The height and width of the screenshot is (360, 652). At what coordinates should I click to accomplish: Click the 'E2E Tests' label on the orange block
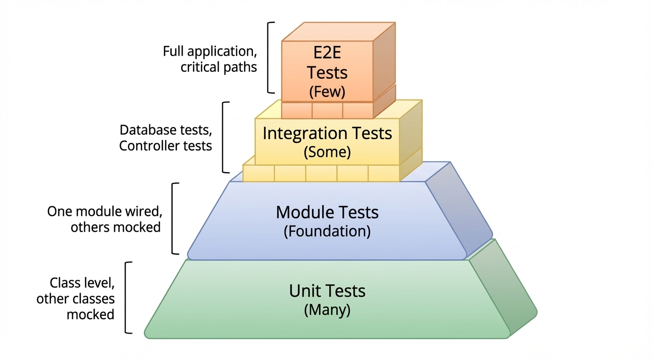[327, 64]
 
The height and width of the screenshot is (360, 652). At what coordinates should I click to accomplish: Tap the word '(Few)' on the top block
[327, 91]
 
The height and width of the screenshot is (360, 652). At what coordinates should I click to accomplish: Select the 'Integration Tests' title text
[327, 133]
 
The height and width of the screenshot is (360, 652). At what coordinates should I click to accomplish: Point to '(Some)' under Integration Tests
[327, 152]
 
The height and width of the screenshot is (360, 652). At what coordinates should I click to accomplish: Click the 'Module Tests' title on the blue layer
[327, 212]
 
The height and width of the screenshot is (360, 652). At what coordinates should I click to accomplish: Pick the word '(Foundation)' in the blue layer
[327, 232]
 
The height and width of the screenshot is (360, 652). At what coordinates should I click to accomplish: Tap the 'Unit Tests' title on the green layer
[327, 291]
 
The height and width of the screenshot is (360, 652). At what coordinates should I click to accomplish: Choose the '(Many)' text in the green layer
[327, 310]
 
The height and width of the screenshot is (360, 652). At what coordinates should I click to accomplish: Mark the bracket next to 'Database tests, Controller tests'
[223, 137]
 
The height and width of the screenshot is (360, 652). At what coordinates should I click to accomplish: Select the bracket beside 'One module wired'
[174, 218]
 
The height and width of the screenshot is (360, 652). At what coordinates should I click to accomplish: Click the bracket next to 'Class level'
[127, 298]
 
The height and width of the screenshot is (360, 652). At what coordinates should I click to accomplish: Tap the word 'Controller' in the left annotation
[143, 146]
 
